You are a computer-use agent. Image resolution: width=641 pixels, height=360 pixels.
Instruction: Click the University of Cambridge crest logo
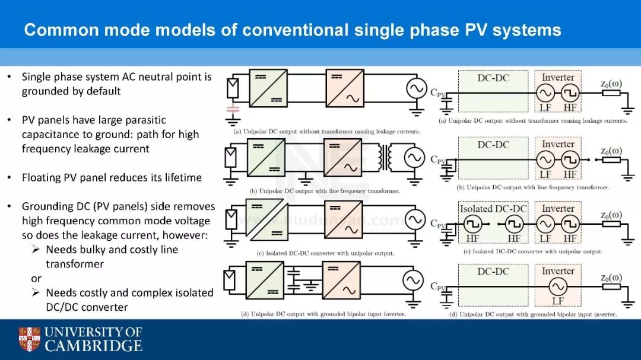coord(29,339)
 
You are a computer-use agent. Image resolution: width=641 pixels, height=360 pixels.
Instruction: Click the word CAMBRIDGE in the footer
coord(94,346)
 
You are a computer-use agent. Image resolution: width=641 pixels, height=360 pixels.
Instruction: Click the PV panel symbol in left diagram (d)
coord(230,279)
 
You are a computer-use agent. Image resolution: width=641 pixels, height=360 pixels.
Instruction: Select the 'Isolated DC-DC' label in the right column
coord(493,209)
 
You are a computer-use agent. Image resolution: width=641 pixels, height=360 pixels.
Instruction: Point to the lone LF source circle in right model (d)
coord(557,287)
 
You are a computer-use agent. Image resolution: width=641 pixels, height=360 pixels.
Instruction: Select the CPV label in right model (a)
coord(437,92)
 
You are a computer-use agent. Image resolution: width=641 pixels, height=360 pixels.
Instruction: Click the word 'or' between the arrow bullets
coord(36,278)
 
